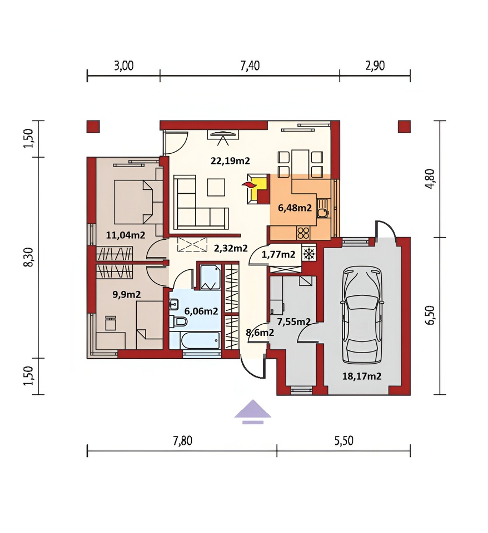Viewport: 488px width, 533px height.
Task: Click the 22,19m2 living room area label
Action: [x=230, y=160]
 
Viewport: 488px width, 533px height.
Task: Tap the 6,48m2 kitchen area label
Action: [x=295, y=208]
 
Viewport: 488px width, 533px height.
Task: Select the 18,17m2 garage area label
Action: [x=362, y=376]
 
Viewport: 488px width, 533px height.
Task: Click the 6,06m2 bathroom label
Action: [x=201, y=311]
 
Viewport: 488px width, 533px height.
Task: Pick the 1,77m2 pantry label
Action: [x=278, y=254]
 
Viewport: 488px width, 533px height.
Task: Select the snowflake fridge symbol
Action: [x=308, y=254]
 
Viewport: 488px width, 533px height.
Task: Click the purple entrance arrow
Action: [x=252, y=411]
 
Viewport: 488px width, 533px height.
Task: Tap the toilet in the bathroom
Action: [x=178, y=321]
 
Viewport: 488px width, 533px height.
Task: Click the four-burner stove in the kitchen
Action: [x=303, y=233]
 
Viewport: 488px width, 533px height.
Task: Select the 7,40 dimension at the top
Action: [x=250, y=66]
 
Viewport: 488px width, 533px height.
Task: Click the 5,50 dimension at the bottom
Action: [x=343, y=440]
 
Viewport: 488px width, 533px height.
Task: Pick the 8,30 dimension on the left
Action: [x=29, y=257]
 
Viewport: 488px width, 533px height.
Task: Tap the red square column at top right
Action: [x=404, y=127]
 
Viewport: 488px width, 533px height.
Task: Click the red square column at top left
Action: [x=93, y=127]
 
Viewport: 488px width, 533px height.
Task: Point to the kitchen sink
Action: [x=322, y=208]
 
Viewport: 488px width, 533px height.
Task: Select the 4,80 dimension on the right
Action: [x=431, y=179]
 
